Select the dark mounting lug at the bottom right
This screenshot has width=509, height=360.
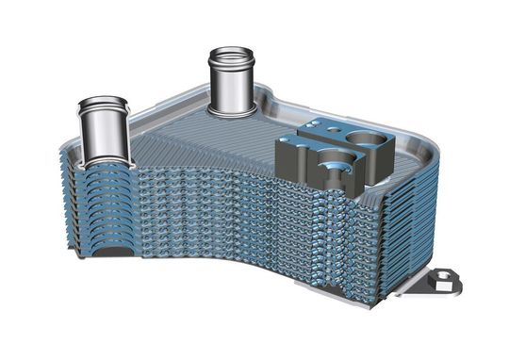(439, 282)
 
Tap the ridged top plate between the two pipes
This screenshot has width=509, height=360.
(179, 132)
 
